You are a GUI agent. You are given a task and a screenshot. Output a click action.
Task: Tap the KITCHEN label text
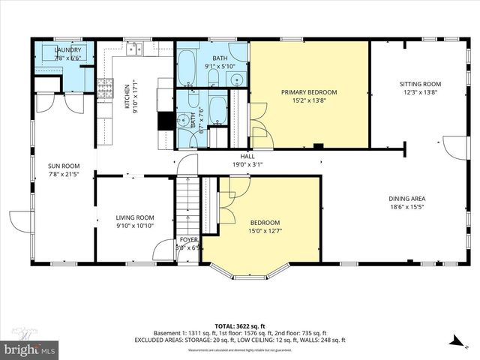pos(127,94)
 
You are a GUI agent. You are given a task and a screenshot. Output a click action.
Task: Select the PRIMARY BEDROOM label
pos(309,92)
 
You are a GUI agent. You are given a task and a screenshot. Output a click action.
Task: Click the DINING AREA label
pos(409,199)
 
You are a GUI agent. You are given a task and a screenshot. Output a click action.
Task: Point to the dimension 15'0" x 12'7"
pos(265,231)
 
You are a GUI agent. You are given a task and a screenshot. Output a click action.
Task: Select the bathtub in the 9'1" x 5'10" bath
pos(187,67)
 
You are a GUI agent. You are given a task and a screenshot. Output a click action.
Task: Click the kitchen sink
pos(133,50)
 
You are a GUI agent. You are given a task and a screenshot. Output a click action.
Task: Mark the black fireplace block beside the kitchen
pos(164,122)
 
